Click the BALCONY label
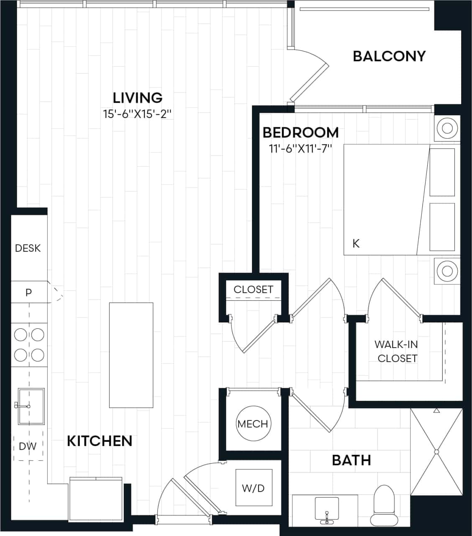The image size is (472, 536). [x=389, y=56]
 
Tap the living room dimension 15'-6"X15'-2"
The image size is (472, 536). [x=138, y=114]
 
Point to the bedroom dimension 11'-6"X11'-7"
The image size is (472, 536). [x=300, y=149]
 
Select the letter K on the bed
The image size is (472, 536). [x=356, y=243]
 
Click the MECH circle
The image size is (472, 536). [x=253, y=424]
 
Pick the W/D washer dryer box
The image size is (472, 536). [x=254, y=487]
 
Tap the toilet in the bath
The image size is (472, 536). [x=384, y=505]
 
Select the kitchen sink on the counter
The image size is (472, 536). [x=31, y=406]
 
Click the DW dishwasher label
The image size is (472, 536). [x=28, y=446]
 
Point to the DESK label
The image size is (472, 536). [x=28, y=248]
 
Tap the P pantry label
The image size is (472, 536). [x=28, y=292]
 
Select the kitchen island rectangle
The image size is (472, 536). [x=131, y=355]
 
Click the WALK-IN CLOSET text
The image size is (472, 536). [x=396, y=351]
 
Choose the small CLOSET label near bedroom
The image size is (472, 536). [x=253, y=289]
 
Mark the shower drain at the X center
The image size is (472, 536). [x=436, y=452]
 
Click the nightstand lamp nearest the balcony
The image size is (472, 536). [x=447, y=127]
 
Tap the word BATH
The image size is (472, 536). [x=351, y=460]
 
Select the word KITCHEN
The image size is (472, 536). [x=100, y=441]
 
